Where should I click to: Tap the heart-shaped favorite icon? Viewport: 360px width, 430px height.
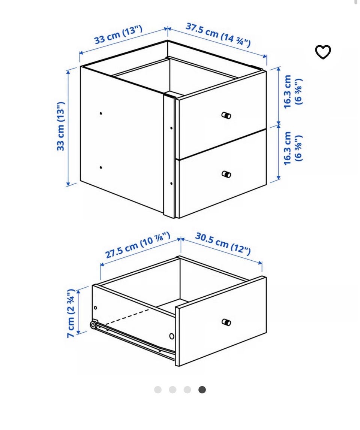coord(322,52)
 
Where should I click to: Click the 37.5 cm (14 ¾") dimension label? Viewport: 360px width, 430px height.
coord(218,34)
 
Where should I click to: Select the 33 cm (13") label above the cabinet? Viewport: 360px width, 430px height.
coord(118,34)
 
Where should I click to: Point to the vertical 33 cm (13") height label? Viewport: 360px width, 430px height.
coord(61,126)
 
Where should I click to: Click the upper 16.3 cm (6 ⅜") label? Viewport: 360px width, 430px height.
coord(293,92)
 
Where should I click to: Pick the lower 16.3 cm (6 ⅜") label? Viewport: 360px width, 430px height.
coord(293,148)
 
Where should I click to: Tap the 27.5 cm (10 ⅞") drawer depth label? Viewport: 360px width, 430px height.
coord(138,245)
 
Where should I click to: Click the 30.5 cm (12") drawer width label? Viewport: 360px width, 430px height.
coord(223,243)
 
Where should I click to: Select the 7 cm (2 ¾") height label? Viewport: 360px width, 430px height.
coord(71,313)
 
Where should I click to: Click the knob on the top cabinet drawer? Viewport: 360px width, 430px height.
coord(226,115)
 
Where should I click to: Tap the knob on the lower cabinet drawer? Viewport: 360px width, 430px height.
coord(226,174)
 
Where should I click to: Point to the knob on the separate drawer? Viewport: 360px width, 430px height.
coord(226,322)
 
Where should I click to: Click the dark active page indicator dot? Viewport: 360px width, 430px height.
coord(202,390)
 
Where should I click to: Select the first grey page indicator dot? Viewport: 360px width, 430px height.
coord(158,390)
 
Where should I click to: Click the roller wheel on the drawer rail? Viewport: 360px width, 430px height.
coord(93,325)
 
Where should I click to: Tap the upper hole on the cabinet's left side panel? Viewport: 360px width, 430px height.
coord(101,113)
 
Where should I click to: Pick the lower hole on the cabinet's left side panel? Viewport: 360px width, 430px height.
coord(101,167)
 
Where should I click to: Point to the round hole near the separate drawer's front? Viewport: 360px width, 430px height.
coord(172,336)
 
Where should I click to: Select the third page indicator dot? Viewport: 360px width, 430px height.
coord(187,390)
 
